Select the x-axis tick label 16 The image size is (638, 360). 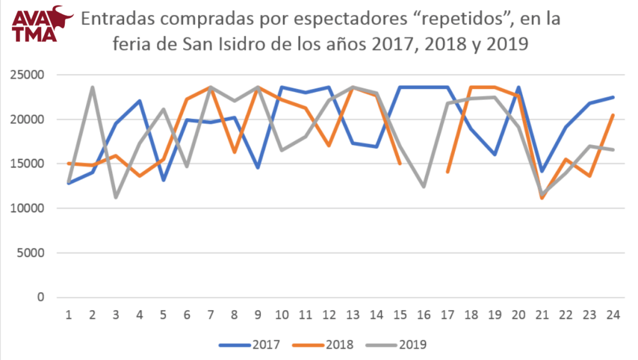(423, 315)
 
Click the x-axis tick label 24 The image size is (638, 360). (613, 315)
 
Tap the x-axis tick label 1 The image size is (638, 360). (68, 315)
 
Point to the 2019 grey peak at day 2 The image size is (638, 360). (92, 88)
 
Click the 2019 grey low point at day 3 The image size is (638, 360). (116, 197)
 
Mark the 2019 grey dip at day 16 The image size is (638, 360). (424, 186)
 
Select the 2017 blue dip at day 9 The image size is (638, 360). (257, 168)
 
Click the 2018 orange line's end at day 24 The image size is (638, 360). (613, 115)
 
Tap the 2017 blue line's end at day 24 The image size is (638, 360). (613, 97)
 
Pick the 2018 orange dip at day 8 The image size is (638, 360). (234, 152)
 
